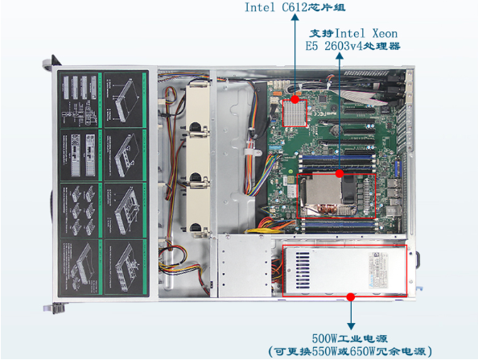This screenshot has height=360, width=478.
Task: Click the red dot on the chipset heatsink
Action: click(297, 100)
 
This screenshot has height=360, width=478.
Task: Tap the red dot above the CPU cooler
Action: click(340, 172)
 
